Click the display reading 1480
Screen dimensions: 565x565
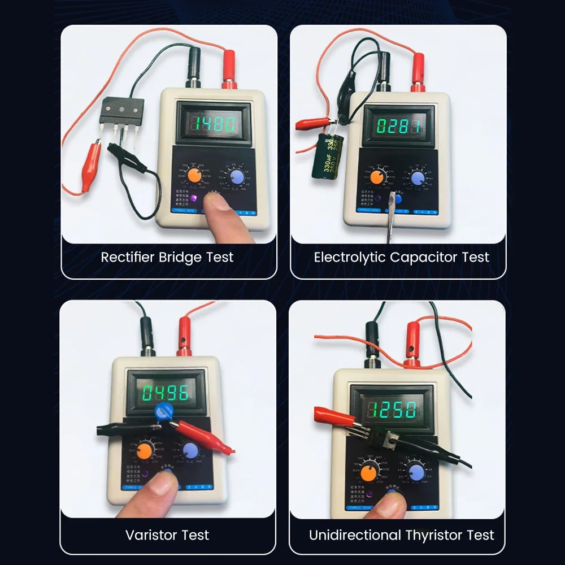214,124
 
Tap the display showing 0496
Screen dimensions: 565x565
166,393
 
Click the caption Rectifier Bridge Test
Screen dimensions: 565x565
167,258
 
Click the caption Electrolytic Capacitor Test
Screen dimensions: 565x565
401,258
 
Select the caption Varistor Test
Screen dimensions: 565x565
167,534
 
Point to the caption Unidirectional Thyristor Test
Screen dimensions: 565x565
401,534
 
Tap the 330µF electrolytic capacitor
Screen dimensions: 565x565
327,156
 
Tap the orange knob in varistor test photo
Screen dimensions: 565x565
145,451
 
